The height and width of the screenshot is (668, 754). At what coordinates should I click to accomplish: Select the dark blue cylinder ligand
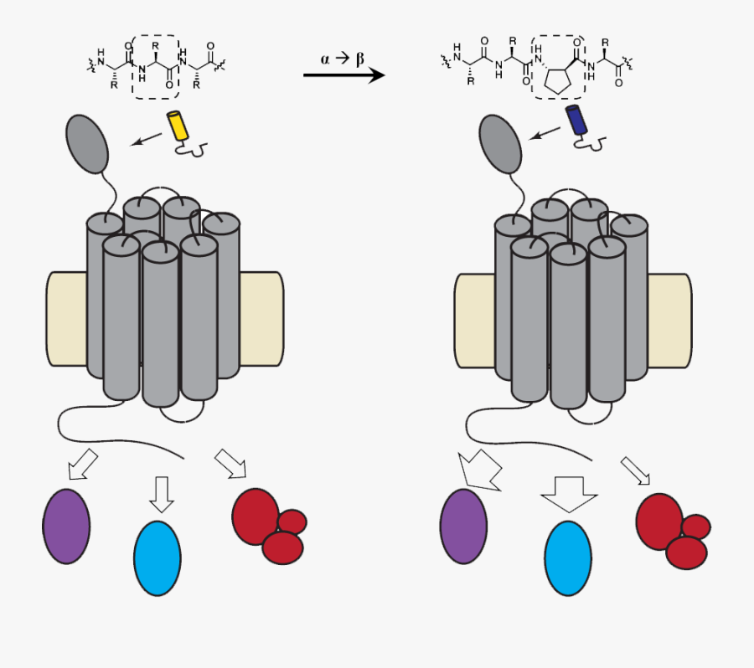click(x=577, y=121)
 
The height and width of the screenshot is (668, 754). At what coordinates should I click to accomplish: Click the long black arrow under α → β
click(x=343, y=75)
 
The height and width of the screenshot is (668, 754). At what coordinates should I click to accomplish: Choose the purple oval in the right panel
click(x=463, y=526)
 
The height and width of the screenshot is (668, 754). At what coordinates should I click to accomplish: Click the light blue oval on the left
click(x=158, y=558)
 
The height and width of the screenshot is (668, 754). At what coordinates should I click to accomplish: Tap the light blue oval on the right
click(x=568, y=558)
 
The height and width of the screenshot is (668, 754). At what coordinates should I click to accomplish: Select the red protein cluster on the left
click(x=267, y=524)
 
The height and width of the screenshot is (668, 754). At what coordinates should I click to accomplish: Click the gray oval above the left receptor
click(x=87, y=143)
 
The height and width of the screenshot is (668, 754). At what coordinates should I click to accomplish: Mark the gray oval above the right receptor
click(x=500, y=145)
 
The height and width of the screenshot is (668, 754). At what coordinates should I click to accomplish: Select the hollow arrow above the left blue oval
click(x=161, y=493)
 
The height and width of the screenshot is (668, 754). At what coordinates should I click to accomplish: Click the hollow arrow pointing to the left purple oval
click(x=82, y=465)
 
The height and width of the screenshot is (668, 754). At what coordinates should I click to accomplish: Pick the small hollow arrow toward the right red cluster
click(x=635, y=470)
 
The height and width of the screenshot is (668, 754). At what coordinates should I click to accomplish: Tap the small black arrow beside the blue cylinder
click(x=546, y=133)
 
